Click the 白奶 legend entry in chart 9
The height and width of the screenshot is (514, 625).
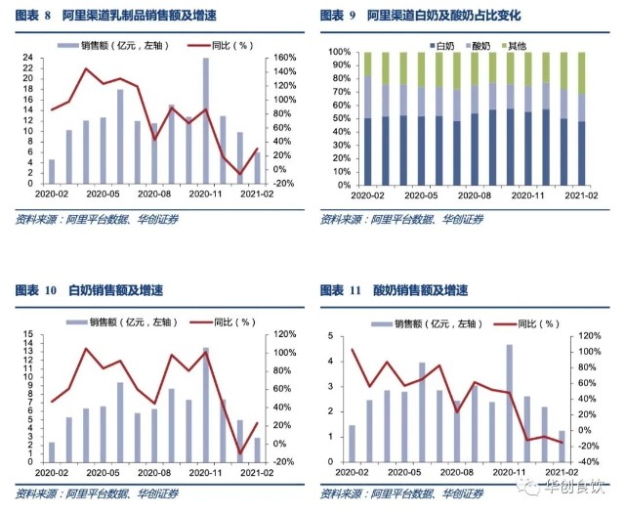443,45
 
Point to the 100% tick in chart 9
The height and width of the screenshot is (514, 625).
339,52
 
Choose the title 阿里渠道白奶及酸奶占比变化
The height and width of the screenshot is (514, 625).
444,17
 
